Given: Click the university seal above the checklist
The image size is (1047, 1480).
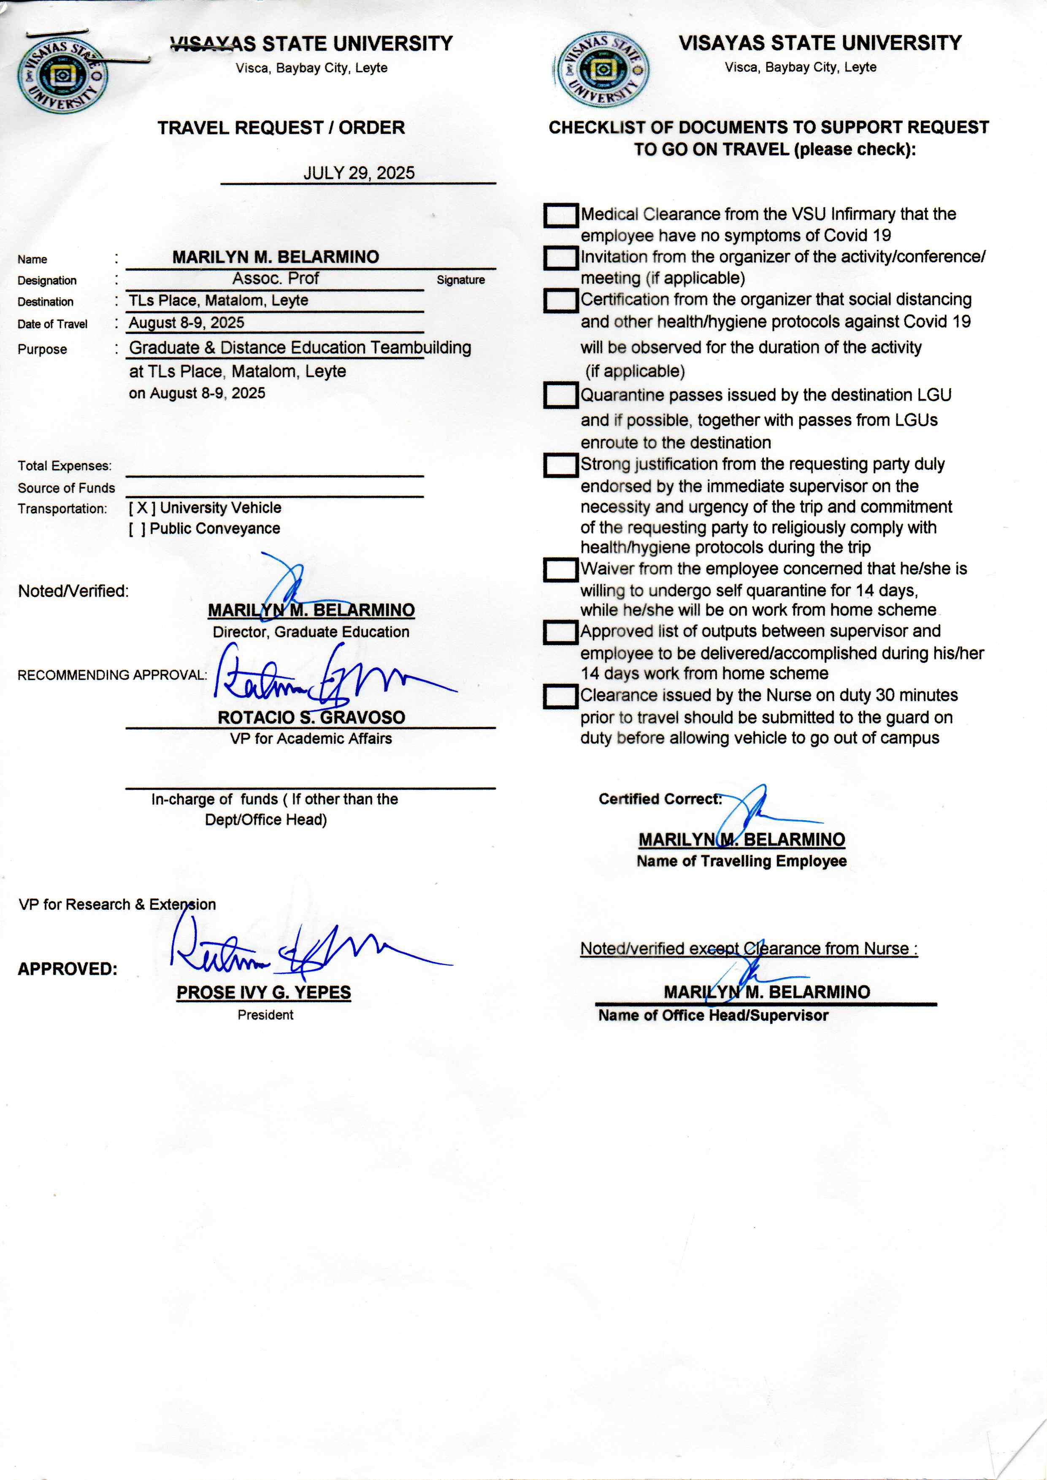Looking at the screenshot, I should [x=601, y=70].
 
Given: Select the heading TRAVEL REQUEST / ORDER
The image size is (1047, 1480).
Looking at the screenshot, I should [x=281, y=127].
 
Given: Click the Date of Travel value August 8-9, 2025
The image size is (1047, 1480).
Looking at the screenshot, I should [x=187, y=323].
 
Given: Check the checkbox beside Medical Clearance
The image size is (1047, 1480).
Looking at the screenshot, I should [x=560, y=215].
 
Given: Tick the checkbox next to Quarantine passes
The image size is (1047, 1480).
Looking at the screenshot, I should [x=560, y=395].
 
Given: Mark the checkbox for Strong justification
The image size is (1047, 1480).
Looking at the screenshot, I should [x=560, y=465].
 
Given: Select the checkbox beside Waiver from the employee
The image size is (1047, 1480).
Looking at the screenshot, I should [x=560, y=569].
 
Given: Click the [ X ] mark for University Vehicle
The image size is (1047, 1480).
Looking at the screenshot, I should [x=142, y=508].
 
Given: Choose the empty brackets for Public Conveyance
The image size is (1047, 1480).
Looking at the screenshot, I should [x=137, y=529].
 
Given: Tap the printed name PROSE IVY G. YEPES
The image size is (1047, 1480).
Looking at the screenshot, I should [x=264, y=992].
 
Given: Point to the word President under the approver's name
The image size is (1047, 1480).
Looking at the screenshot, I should [x=265, y=1015].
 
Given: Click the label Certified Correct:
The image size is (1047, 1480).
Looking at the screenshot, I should [x=660, y=799].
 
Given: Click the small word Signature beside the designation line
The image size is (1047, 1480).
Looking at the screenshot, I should [x=460, y=280].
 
